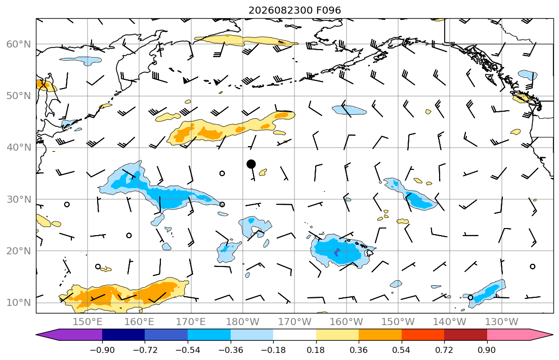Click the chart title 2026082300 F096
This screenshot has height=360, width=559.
[294, 10]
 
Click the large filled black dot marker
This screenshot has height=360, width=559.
[251, 164]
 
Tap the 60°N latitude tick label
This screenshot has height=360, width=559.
[19, 44]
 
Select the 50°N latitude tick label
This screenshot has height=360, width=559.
[19, 96]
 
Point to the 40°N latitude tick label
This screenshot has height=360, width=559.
[19, 148]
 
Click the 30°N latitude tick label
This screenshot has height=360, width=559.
[19, 199]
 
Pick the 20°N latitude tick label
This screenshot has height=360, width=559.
[19, 251]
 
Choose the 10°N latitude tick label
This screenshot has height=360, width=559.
[19, 303]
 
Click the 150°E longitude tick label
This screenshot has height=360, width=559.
[88, 322]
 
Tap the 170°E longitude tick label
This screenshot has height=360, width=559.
[191, 322]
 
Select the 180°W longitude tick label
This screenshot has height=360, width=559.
[243, 322]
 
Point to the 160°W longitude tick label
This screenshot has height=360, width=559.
[346, 322]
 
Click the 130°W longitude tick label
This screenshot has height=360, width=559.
[502, 322]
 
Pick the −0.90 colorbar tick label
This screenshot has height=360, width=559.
[102, 350]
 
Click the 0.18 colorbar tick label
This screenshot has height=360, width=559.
[316, 350]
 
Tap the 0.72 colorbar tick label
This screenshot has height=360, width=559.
[444, 350]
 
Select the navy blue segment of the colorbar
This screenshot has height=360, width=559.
[123, 335]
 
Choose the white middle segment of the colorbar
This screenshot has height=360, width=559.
[294, 335]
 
